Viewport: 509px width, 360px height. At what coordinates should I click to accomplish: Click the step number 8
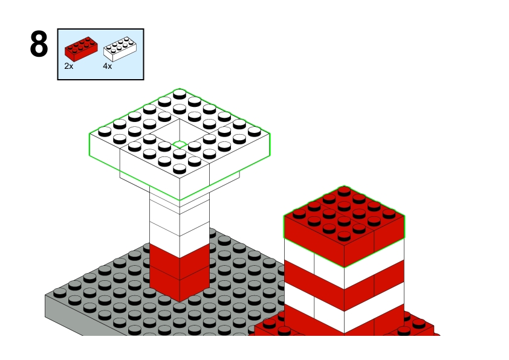pyautogui.click(x=39, y=44)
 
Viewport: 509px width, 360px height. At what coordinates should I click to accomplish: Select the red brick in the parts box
pyautogui.click(x=81, y=49)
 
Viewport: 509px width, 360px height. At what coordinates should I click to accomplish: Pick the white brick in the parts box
pyautogui.click(x=120, y=49)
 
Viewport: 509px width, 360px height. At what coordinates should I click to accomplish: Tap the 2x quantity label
pyautogui.click(x=69, y=66)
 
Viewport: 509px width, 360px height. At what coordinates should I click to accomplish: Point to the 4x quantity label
pyautogui.click(x=108, y=66)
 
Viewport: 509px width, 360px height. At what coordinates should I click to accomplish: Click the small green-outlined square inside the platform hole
pyautogui.click(x=180, y=144)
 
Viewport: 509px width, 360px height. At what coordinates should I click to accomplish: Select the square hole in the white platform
pyautogui.click(x=180, y=133)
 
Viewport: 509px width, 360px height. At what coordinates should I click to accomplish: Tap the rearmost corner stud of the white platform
pyautogui.click(x=180, y=94)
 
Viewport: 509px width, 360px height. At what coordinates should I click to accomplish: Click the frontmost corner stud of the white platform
pyautogui.click(x=180, y=169)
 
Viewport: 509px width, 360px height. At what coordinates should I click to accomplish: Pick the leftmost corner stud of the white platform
pyautogui.click(x=105, y=131)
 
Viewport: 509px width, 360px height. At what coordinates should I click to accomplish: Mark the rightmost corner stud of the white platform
pyautogui.click(x=254, y=131)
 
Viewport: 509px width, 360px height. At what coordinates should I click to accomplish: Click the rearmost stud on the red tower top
pyautogui.click(x=344, y=191)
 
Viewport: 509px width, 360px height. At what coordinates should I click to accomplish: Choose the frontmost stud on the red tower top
pyautogui.click(x=344, y=236)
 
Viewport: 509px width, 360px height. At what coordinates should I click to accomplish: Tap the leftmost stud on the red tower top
pyautogui.click(x=299, y=214)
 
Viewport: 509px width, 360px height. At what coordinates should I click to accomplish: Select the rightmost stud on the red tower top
pyautogui.click(x=389, y=214)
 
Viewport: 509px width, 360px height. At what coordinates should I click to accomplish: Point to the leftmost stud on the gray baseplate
pyautogui.click(x=60, y=293)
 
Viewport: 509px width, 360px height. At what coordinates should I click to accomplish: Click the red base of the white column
pyautogui.click(x=180, y=273)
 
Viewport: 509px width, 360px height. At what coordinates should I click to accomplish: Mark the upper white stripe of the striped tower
pyautogui.click(x=344, y=260)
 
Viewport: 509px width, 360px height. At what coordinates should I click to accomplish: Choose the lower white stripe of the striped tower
pyautogui.click(x=344, y=305)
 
